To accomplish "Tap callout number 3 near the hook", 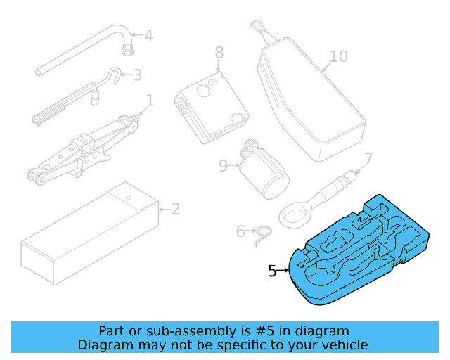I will coord(137,74).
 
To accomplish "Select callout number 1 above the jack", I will coord(149,99).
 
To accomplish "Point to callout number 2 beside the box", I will coord(176,208).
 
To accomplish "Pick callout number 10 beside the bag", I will coord(338,56).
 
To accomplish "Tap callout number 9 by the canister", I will coord(224,165).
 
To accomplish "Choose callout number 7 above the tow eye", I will coord(368,158).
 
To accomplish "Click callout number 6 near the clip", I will coord(240,231).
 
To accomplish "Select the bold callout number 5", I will coord(273,271).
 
